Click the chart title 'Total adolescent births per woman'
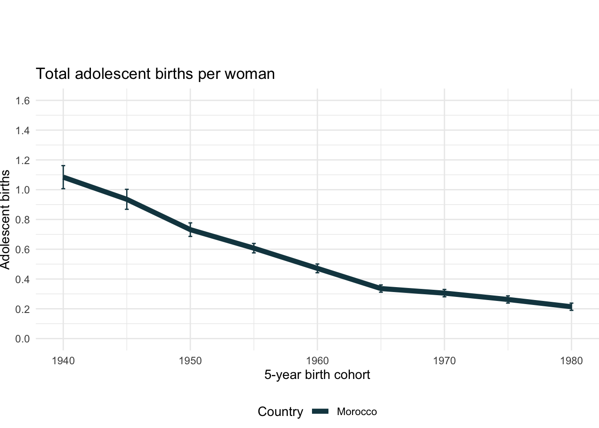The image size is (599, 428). tap(155, 74)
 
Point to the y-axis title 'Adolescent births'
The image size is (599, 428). tap(5, 219)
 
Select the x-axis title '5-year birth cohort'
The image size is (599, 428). tap(317, 374)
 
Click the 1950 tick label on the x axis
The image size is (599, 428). tap(190, 361)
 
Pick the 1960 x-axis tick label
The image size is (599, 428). tap(317, 361)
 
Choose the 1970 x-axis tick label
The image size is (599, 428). tap(444, 361)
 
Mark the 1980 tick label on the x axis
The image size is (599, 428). tap(571, 361)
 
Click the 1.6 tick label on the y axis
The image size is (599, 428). tap(23, 101)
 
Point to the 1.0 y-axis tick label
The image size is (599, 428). tap(23, 190)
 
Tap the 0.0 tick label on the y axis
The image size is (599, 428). tap(23, 339)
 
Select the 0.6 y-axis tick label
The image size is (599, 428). tap(23, 250)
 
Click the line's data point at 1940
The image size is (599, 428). tap(63, 177)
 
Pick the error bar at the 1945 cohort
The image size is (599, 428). tap(127, 199)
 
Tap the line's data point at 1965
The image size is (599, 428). tap(381, 288)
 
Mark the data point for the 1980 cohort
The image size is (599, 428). tap(571, 307)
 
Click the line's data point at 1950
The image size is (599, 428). tap(190, 230)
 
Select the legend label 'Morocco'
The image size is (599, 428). tap(357, 412)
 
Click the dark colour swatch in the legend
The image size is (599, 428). tap(320, 412)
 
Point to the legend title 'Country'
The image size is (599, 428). tap(280, 412)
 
